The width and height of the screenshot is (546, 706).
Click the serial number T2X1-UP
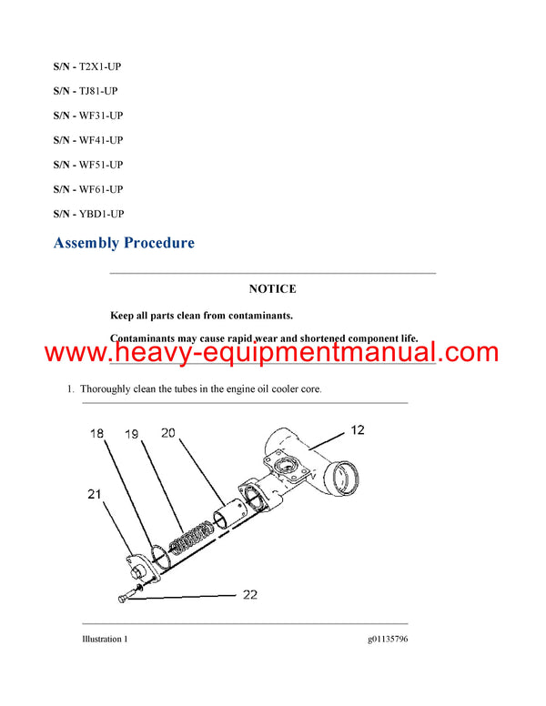click(100, 66)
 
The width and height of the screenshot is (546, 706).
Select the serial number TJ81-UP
click(98, 91)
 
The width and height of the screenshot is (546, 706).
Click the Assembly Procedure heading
click(124, 243)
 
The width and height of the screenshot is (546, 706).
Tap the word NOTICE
click(272, 289)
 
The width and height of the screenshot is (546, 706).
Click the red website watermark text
click(272, 352)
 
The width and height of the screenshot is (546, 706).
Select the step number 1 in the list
click(69, 389)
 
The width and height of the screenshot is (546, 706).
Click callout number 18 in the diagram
click(97, 435)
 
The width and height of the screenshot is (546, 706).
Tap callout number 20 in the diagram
click(168, 433)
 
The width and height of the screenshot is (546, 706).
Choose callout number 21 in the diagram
click(94, 494)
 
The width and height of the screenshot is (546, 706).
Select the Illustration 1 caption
click(104, 640)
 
